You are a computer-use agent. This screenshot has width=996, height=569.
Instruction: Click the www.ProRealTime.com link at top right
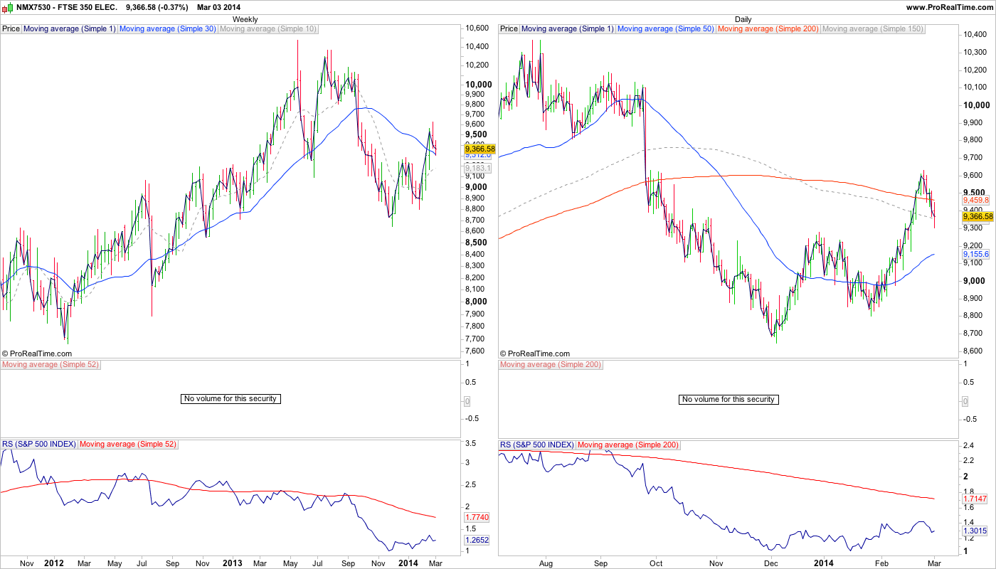949,7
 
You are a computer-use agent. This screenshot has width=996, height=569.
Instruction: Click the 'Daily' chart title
743,19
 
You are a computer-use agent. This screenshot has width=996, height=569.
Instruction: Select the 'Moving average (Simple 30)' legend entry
168,29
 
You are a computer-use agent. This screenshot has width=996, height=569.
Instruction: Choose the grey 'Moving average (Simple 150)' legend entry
872,29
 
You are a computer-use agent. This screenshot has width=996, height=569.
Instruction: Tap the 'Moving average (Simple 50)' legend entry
666,29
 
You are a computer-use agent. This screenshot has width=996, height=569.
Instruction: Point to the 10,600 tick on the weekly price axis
477,28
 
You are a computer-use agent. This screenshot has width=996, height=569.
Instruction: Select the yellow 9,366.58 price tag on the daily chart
977,216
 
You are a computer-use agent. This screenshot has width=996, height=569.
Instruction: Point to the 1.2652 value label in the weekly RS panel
477,540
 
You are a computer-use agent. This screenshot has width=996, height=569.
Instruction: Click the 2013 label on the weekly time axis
233,563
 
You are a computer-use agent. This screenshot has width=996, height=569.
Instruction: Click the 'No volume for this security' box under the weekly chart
231,399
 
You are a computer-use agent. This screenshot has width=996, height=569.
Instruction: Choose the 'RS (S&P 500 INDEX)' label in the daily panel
537,445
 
